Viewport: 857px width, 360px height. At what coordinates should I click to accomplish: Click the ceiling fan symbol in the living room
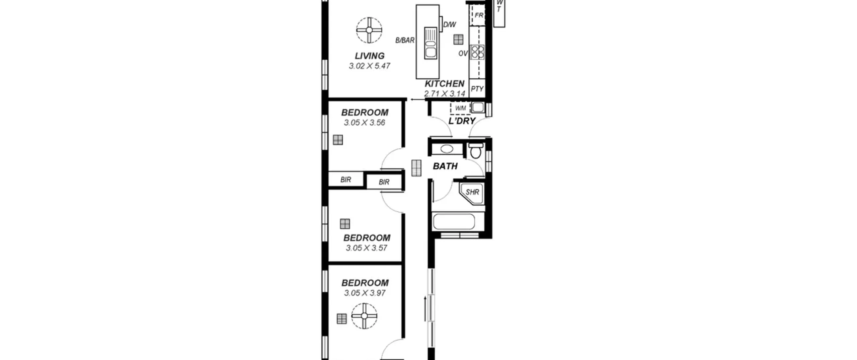pos(369,30)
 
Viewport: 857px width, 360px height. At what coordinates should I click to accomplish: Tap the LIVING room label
pos(370,56)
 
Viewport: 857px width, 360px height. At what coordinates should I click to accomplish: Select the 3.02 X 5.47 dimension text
pos(370,66)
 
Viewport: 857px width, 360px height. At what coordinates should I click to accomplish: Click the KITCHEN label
pos(445,84)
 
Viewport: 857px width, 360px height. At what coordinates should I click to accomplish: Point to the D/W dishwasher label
pos(450,25)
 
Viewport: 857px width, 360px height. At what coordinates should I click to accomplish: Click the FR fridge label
pos(479,15)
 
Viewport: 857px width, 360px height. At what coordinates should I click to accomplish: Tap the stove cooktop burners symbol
pos(478,52)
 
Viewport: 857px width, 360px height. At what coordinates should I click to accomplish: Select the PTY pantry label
pos(477,89)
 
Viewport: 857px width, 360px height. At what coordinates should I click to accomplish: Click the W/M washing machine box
pos(460,108)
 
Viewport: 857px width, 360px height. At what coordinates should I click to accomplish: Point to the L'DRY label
pos(462,121)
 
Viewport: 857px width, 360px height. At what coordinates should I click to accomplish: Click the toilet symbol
pos(475,151)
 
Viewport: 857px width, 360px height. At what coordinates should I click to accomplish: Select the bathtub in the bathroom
pos(454,221)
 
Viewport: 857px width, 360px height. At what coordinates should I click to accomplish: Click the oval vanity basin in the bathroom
pos(447,149)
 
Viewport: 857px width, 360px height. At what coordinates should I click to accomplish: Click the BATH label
pos(445,166)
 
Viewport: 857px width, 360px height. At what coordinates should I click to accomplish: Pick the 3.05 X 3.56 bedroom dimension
pos(365,123)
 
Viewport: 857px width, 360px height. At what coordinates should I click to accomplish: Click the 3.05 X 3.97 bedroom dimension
pos(365,293)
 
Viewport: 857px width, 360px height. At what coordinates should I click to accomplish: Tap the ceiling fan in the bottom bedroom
pos(364,316)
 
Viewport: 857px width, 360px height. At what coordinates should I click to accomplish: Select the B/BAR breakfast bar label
pos(405,41)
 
